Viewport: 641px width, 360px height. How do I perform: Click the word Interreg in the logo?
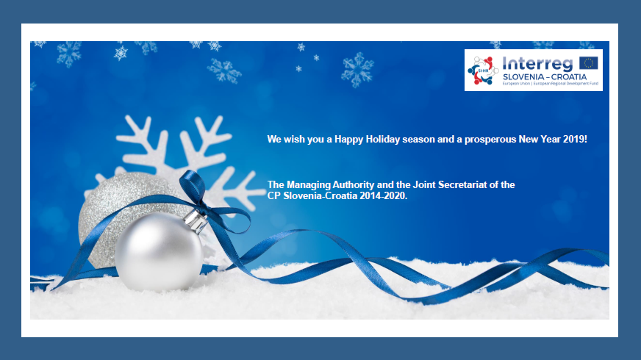click(x=537, y=64)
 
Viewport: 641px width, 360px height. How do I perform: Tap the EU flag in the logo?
click(x=589, y=63)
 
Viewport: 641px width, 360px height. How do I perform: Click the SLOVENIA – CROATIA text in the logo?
click(x=545, y=77)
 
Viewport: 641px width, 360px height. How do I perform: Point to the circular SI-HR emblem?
click(x=483, y=71)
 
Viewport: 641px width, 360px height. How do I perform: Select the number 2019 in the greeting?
click(x=575, y=140)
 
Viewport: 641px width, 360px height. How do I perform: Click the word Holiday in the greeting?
click(x=383, y=140)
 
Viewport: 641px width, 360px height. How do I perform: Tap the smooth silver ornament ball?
click(x=159, y=252)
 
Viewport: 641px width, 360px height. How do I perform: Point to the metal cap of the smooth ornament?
click(x=196, y=221)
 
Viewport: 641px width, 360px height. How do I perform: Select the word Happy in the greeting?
click(x=348, y=140)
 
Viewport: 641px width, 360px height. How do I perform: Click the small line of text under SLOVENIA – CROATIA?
click(x=551, y=83)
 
